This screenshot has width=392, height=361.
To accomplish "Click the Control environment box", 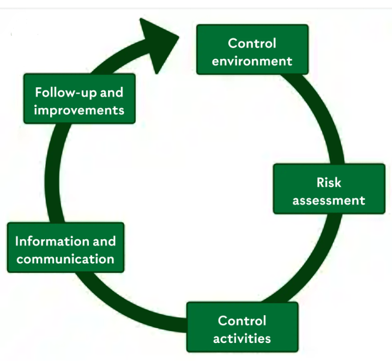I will click(252, 50).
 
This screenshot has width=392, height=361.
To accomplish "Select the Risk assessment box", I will click(328, 189).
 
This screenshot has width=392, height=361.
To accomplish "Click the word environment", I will click(252, 60).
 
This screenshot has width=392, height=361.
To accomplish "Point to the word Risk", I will click(328, 182).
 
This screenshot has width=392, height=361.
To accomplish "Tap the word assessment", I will click(328, 200).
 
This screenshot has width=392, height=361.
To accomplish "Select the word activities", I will click(242, 339).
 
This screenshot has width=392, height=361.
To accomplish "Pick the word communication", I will click(65, 258).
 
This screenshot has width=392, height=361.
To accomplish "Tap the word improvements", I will click(79, 110).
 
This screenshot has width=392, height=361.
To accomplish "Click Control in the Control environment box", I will click(252, 43).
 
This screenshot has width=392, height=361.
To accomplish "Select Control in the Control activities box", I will click(242, 321).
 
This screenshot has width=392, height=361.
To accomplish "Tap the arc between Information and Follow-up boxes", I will click(52, 175).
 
